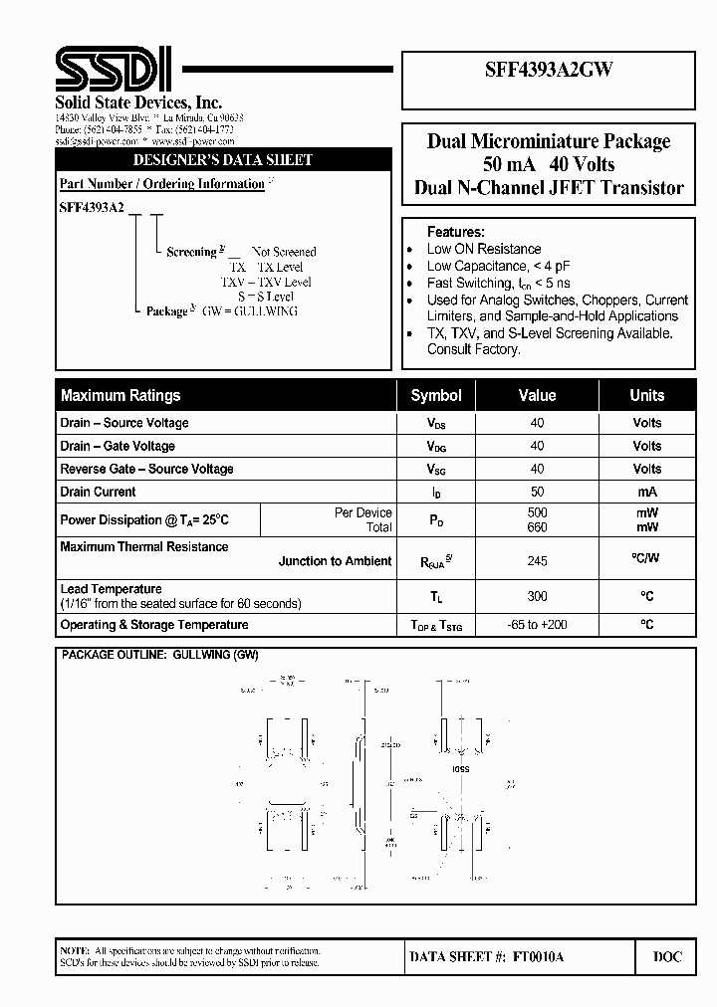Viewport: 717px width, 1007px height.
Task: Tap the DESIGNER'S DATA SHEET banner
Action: pyautogui.click(x=223, y=159)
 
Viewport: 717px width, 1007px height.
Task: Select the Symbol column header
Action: pyautogui.click(x=436, y=395)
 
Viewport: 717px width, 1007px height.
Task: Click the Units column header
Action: pyautogui.click(x=646, y=395)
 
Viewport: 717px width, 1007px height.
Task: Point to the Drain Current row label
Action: pyautogui.click(x=98, y=492)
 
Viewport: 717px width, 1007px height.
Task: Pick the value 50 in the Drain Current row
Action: pyautogui.click(x=537, y=492)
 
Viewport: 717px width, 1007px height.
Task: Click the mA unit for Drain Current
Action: pyautogui.click(x=646, y=492)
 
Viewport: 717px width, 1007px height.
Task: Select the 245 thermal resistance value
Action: pyautogui.click(x=537, y=561)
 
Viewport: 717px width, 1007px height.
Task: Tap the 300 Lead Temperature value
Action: pyautogui.click(x=537, y=596)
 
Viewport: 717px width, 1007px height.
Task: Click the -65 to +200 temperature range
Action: pyautogui.click(x=537, y=625)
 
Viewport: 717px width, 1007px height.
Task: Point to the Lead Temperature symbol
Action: pyautogui.click(x=436, y=597)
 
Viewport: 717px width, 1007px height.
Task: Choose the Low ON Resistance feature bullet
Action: pyautogui.click(x=484, y=249)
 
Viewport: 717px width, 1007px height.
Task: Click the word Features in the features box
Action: pyautogui.click(x=456, y=231)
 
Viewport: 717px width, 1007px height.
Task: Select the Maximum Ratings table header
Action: pyautogui.click(x=120, y=395)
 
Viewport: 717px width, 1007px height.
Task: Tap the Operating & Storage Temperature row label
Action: pyautogui.click(x=154, y=625)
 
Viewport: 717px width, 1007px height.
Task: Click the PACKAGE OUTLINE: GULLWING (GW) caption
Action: pyautogui.click(x=159, y=656)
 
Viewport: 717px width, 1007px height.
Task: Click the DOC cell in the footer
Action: pyautogui.click(x=667, y=956)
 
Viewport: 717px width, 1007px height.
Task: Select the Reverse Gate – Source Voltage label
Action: pyautogui.click(x=146, y=469)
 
